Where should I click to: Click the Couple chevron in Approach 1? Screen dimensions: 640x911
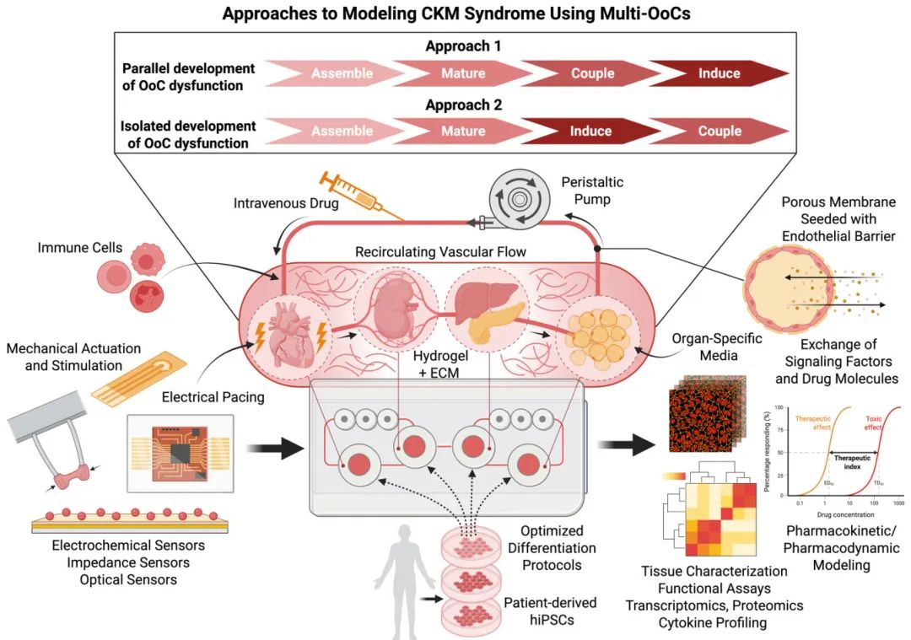point(591,73)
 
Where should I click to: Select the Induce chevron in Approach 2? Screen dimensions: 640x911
point(591,131)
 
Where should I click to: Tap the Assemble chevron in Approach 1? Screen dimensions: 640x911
point(341,73)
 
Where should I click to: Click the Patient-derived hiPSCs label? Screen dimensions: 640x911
point(550,612)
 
